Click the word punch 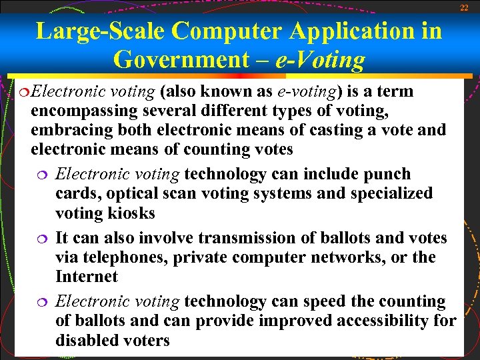pos(386,175)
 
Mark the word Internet pos(86,277)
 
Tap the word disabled pos(87,341)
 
